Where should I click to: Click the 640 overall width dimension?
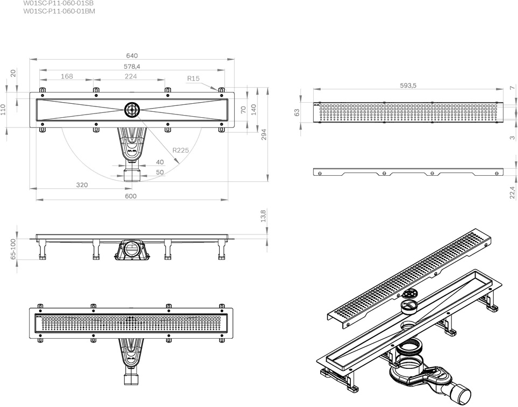coord(132,56)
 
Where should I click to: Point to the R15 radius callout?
coord(193,78)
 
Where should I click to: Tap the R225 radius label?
coord(181,151)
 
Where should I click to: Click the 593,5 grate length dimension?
coord(409,85)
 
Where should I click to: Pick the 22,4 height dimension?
coord(512,191)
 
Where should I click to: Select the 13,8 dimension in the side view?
coord(263,217)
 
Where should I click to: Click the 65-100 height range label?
coord(12,249)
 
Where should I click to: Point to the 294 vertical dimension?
coord(264,134)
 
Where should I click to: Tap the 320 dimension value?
coord(82,185)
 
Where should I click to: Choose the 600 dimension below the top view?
coord(131,196)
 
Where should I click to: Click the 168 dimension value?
coord(67,76)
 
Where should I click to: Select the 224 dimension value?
coord(131,76)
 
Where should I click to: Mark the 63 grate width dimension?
coord(297,112)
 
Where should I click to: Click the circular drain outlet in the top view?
coord(132,110)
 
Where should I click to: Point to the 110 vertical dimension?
coord(3,110)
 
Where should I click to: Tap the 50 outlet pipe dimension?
coord(160,172)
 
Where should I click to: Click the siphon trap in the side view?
coord(129,250)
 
